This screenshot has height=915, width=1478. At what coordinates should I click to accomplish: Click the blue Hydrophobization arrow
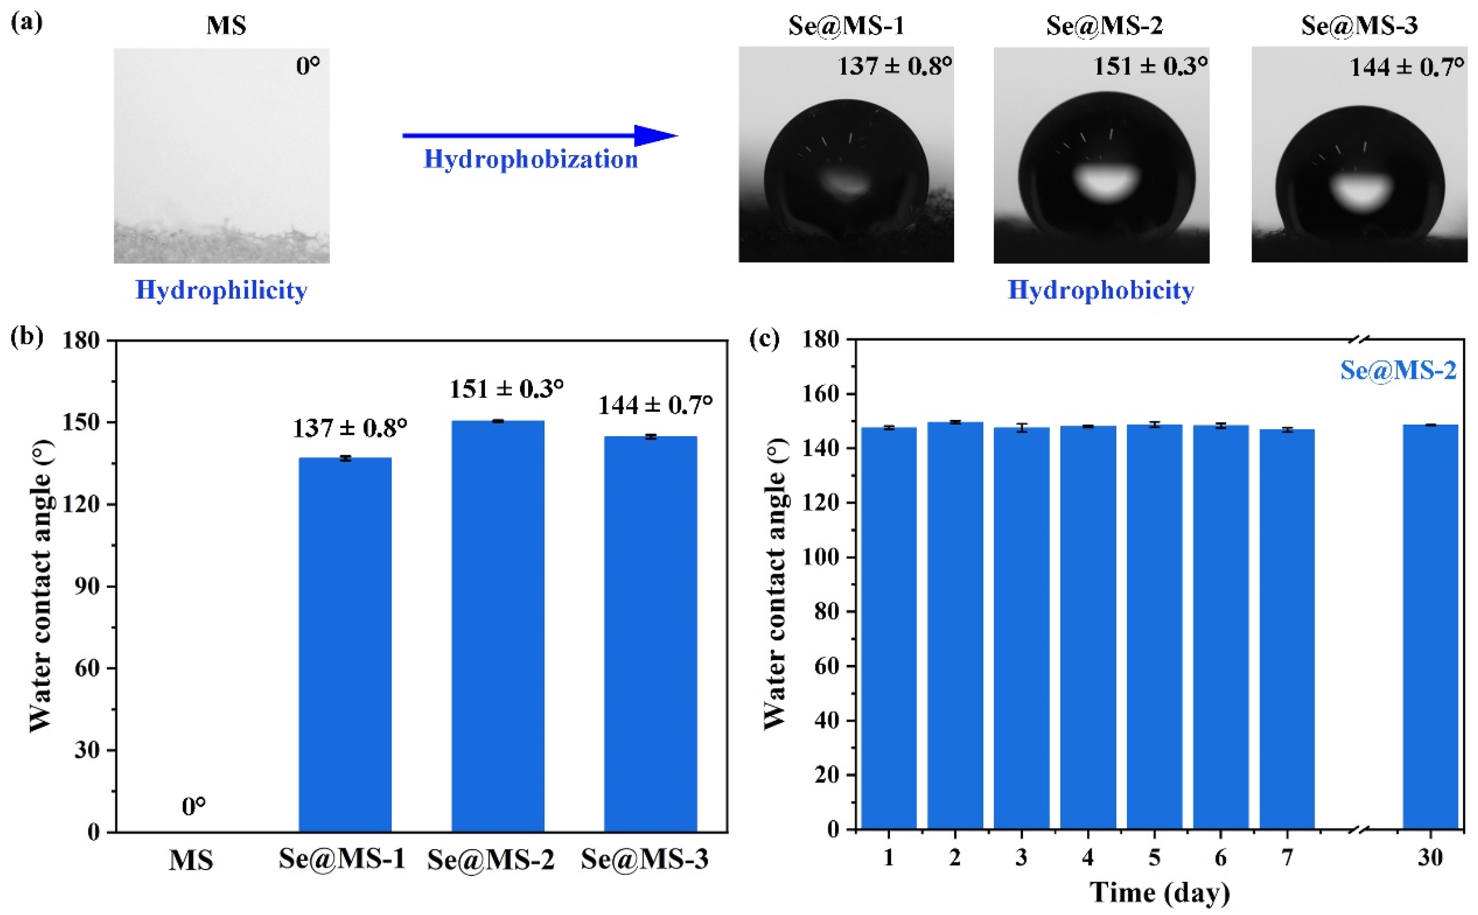[539, 136]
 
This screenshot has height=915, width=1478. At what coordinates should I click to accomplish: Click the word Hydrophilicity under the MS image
[222, 290]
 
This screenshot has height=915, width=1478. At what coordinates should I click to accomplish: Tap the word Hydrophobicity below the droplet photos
[1100, 290]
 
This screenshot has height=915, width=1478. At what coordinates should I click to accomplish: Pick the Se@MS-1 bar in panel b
[345, 644]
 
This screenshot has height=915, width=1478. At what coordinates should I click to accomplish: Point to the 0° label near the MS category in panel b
[194, 807]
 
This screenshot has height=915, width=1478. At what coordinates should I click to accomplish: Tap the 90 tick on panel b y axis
[86, 586]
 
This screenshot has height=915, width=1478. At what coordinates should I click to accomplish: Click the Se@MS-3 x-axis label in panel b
[644, 859]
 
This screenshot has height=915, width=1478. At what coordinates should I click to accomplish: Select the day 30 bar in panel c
[1430, 626]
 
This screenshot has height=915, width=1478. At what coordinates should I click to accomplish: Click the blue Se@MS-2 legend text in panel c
[1398, 370]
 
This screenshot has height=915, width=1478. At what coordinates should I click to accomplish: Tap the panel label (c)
[764, 339]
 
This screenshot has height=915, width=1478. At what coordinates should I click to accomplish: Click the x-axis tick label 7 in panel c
[1287, 858]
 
